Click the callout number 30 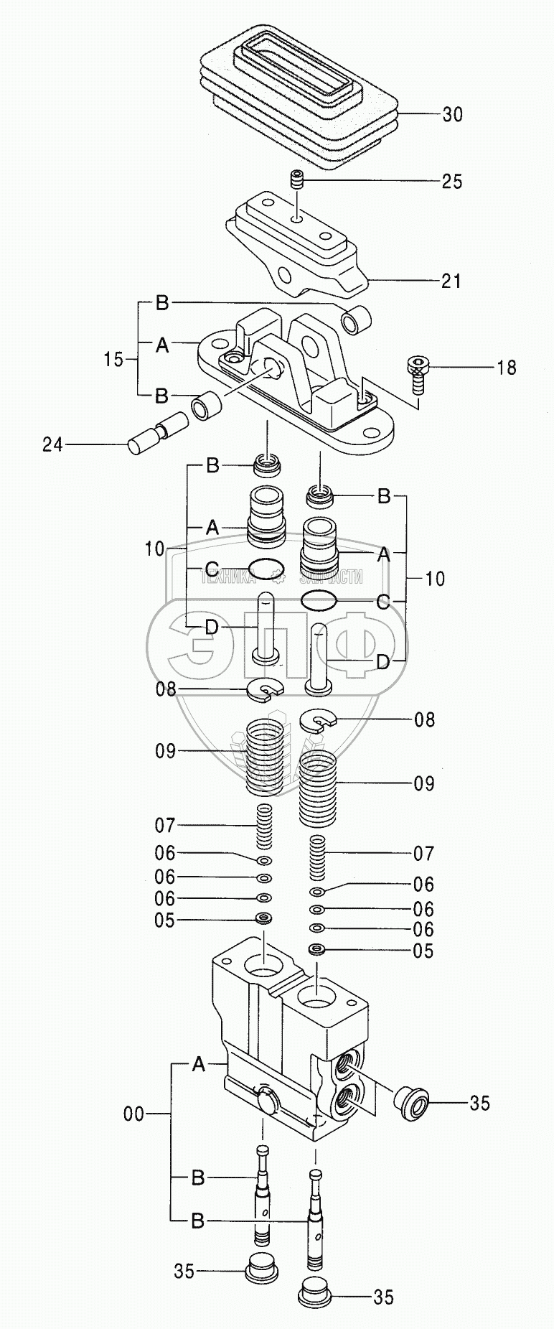(452, 114)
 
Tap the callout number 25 (452, 182)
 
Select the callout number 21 (452, 281)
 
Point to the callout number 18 (506, 368)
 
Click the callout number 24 (52, 445)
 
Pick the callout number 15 (113, 359)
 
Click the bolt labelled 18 (418, 373)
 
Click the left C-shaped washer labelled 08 (266, 690)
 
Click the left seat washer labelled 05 (263, 920)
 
